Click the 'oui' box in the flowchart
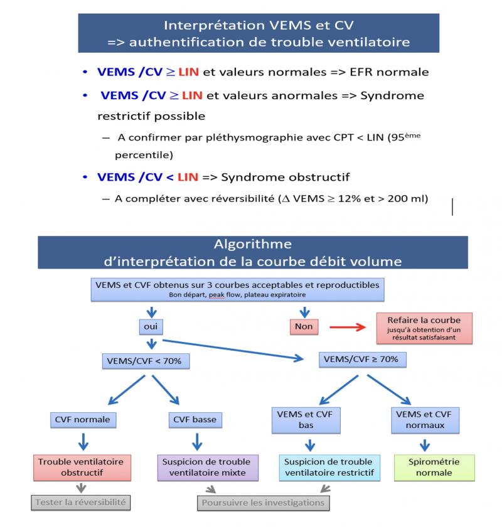pyautogui.click(x=151, y=326)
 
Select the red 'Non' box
pyautogui.click(x=304, y=326)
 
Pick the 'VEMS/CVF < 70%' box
pyautogui.click(x=146, y=361)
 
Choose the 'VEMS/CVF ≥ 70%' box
pyautogui.click(x=355, y=360)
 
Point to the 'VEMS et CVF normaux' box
pyautogui.click(x=424, y=419)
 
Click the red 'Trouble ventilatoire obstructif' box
pyautogui.click(x=81, y=467)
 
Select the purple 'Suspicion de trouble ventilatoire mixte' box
pyautogui.click(x=208, y=467)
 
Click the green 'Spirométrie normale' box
pyautogui.click(x=434, y=467)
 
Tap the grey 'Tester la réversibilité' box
pyautogui.click(x=81, y=502)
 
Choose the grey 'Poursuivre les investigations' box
pyautogui.click(x=263, y=503)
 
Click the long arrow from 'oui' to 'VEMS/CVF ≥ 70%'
pyautogui.click(x=232, y=350)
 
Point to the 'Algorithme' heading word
pyautogui.click(x=252, y=244)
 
